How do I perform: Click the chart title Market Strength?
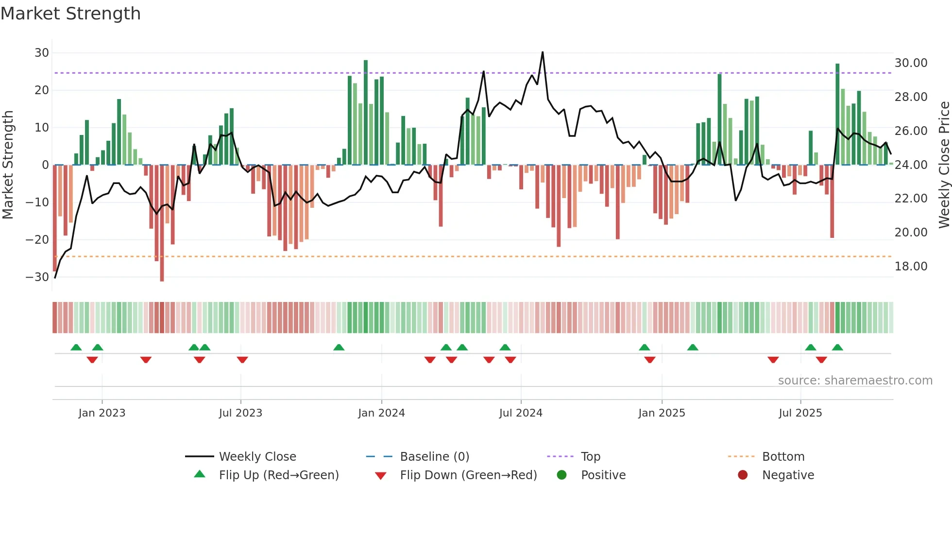pos(70,14)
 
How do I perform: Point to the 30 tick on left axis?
pos(42,52)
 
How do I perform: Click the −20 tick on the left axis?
pos(38,239)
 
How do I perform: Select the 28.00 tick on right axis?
pos(911,97)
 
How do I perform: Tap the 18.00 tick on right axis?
pos(911,267)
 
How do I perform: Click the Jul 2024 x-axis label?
pos(521,413)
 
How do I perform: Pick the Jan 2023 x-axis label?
pos(102,413)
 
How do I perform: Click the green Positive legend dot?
pos(562,475)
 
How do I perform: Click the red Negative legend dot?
pos(743,475)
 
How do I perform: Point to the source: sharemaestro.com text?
pos(855,381)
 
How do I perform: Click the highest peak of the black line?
pos(543,52)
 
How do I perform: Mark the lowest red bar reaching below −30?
pos(162,279)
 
